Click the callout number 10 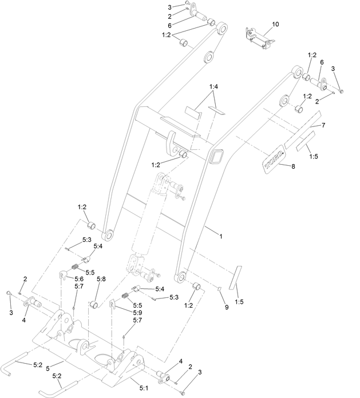point(276,25)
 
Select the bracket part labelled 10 point(258,37)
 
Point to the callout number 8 point(293,166)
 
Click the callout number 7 point(323,125)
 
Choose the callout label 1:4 point(213,86)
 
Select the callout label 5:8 point(101,279)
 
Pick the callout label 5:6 point(78,278)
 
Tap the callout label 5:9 point(137,313)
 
